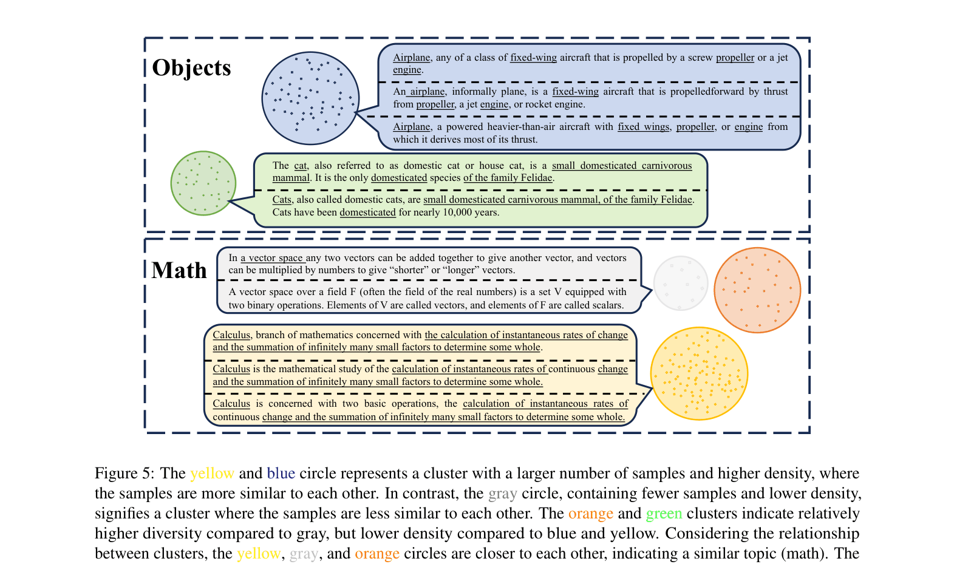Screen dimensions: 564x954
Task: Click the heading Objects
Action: point(191,68)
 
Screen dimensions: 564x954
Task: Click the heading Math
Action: point(179,270)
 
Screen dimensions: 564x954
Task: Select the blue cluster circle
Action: point(310,98)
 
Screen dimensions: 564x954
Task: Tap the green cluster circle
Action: point(203,183)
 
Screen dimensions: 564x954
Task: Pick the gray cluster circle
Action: point(681,283)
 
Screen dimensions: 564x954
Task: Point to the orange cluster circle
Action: point(757,290)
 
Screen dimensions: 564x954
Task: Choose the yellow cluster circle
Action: point(699,373)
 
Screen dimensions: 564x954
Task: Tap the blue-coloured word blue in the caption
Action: point(281,474)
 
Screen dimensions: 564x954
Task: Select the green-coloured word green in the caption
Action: point(664,514)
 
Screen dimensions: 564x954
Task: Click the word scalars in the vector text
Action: point(607,305)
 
